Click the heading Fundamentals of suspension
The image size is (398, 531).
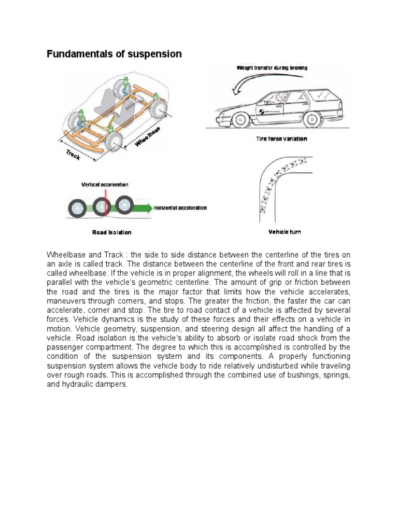tap(115, 54)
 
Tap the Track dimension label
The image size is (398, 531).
tap(73, 155)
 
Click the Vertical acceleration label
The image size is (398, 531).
tap(105, 185)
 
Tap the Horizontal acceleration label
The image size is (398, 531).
tap(180, 208)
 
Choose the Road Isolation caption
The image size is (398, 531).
tap(111, 232)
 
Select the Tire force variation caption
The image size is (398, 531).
tap(282, 139)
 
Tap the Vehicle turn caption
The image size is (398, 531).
tap(284, 232)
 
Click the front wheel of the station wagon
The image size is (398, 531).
tap(239, 121)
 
